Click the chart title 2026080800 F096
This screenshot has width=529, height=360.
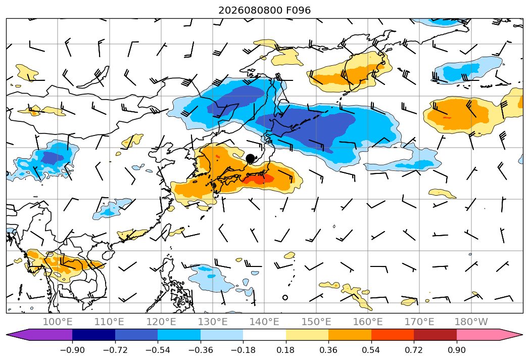pos(264,10)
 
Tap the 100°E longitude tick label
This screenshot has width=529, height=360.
pos(58,322)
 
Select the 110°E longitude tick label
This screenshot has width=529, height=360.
pos(109,322)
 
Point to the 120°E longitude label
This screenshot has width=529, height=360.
pos(161,322)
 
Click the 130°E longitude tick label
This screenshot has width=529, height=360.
pos(213,322)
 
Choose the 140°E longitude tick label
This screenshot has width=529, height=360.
pos(264,322)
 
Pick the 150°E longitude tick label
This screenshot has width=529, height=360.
pos(316,322)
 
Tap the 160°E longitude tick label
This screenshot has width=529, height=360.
pos(368,322)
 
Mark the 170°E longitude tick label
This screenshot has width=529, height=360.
pos(419,322)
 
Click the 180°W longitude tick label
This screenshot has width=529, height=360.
pos(471,322)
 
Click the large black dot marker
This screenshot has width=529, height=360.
pos(250,158)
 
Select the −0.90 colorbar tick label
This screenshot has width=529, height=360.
pos(72,350)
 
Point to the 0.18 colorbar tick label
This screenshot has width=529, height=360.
pos(286,350)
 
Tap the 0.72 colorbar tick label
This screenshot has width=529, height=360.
pos(414,350)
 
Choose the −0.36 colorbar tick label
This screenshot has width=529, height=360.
pos(201,350)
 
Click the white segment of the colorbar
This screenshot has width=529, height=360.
pos(265,335)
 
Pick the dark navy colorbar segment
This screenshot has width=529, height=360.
pos(94,335)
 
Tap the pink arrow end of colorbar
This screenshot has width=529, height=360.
pos(489,335)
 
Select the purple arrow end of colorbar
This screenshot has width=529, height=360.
pos(39,335)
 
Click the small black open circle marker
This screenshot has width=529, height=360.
pos(285,297)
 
